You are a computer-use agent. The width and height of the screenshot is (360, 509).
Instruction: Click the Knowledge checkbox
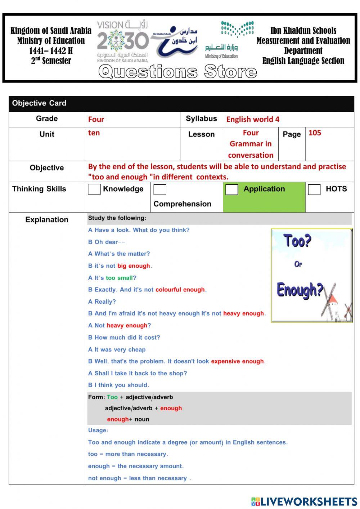click(94, 189)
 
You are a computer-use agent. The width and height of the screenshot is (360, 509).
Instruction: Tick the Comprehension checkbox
click(160, 190)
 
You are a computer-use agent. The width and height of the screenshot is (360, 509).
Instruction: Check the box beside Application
click(232, 189)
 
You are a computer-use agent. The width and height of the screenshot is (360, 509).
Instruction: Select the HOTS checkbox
click(314, 189)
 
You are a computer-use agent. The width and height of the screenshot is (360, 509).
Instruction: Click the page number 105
click(315, 133)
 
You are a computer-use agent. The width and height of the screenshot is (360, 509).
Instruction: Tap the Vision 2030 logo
click(123, 41)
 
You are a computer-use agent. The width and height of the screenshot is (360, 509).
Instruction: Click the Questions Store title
click(177, 72)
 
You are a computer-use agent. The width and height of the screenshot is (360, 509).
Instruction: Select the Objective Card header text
click(39, 103)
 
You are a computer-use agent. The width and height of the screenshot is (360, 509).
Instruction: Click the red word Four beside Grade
click(96, 120)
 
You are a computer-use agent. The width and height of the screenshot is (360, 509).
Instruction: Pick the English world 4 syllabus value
click(253, 120)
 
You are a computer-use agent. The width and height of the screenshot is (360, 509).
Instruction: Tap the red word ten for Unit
click(94, 133)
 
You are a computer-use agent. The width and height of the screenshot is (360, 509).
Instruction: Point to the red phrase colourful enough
click(180, 290)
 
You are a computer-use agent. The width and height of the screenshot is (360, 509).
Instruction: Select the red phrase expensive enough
click(238, 362)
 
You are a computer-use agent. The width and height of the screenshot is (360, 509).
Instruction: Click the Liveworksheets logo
click(304, 501)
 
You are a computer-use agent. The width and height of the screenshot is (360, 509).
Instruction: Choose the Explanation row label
click(47, 220)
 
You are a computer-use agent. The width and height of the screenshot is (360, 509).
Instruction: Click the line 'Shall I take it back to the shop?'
click(138, 374)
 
